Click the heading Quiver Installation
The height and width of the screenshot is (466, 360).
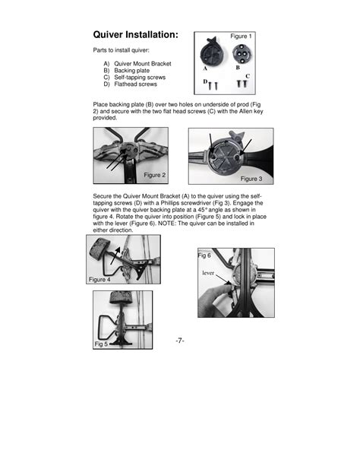(136, 34)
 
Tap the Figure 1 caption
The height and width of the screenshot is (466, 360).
(241, 36)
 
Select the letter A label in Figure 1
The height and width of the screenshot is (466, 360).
(205, 68)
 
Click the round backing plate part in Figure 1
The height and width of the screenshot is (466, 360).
(242, 53)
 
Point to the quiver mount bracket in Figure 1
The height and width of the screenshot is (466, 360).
(211, 52)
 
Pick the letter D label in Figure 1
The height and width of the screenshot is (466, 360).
(205, 81)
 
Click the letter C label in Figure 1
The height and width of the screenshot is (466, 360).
(248, 76)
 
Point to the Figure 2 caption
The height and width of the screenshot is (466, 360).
(154, 175)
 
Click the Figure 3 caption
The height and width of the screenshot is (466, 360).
(251, 179)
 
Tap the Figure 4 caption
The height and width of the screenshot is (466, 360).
(99, 279)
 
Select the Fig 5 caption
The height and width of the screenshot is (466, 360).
(101, 344)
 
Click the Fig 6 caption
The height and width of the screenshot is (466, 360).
(204, 255)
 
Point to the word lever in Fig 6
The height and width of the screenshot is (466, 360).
(208, 273)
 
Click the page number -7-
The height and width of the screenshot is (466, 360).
(180, 341)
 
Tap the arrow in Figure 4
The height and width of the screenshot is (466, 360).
(115, 255)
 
